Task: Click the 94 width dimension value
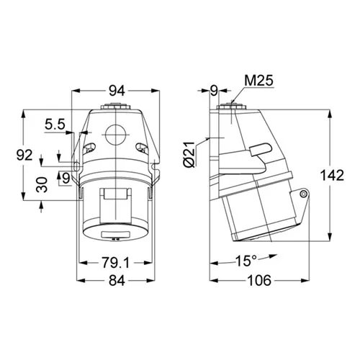click(117, 91)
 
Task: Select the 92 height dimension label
click(24, 155)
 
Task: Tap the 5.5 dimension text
click(55, 125)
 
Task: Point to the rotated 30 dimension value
click(42, 184)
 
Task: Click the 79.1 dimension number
click(115, 262)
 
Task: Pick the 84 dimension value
click(117, 280)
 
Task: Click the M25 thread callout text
click(258, 81)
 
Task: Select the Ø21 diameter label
click(189, 154)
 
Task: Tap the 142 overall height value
click(332, 175)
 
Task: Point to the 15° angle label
click(246, 261)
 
